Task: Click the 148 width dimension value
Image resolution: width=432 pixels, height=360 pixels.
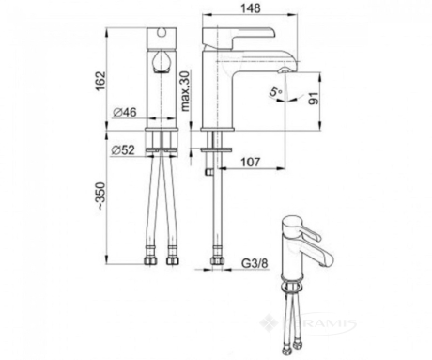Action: point(251,8)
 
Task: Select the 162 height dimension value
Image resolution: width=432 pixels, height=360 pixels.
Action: point(101,81)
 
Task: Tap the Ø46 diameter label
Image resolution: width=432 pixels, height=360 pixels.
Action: point(125,112)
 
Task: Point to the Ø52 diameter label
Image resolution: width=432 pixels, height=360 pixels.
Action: point(123,150)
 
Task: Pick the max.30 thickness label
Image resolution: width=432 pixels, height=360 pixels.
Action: point(185,91)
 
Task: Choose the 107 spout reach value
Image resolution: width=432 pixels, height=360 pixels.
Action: point(250,162)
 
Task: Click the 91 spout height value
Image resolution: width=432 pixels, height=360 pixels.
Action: point(315,98)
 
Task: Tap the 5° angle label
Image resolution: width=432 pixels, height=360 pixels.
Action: point(276,92)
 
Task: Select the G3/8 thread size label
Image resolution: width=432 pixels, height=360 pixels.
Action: point(255,263)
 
